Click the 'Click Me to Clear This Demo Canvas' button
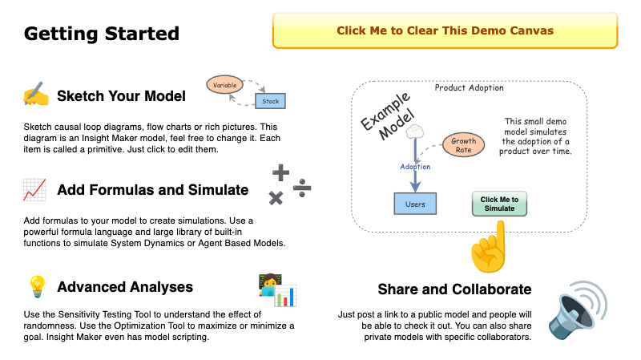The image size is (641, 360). tap(445, 31)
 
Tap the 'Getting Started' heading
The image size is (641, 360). tap(101, 34)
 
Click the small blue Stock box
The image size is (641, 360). tap(271, 101)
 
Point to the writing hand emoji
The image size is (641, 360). tap(35, 95)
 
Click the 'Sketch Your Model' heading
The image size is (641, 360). tap(121, 96)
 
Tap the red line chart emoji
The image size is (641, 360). tap(34, 191)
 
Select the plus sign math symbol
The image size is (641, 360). tap(280, 172)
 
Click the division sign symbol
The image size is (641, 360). tap(301, 189)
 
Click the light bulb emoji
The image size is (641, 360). tap(36, 286)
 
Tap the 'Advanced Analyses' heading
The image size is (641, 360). tap(125, 286)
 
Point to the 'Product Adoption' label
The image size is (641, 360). tap(469, 88)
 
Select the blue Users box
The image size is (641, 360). tap(415, 204)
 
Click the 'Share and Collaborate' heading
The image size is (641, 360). tap(454, 289)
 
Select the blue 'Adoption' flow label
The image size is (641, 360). tap(415, 167)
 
